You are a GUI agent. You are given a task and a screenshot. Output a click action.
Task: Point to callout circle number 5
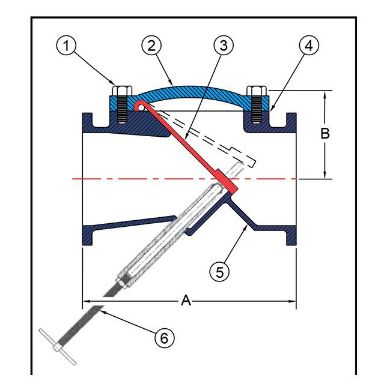coord(219,271)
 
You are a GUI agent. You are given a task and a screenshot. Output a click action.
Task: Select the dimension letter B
coord(325,134)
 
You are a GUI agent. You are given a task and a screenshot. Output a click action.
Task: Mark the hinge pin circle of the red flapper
coord(140,106)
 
